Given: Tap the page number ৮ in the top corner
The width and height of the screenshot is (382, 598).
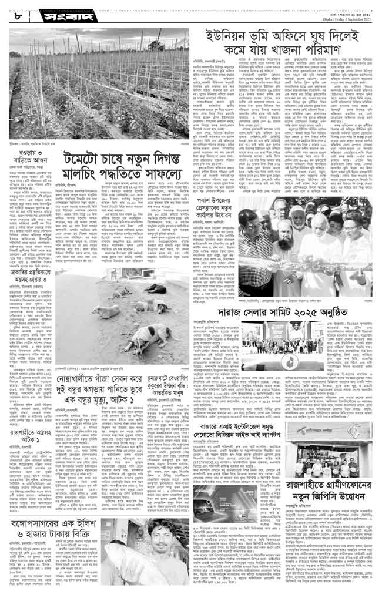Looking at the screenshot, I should (x=17, y=12).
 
